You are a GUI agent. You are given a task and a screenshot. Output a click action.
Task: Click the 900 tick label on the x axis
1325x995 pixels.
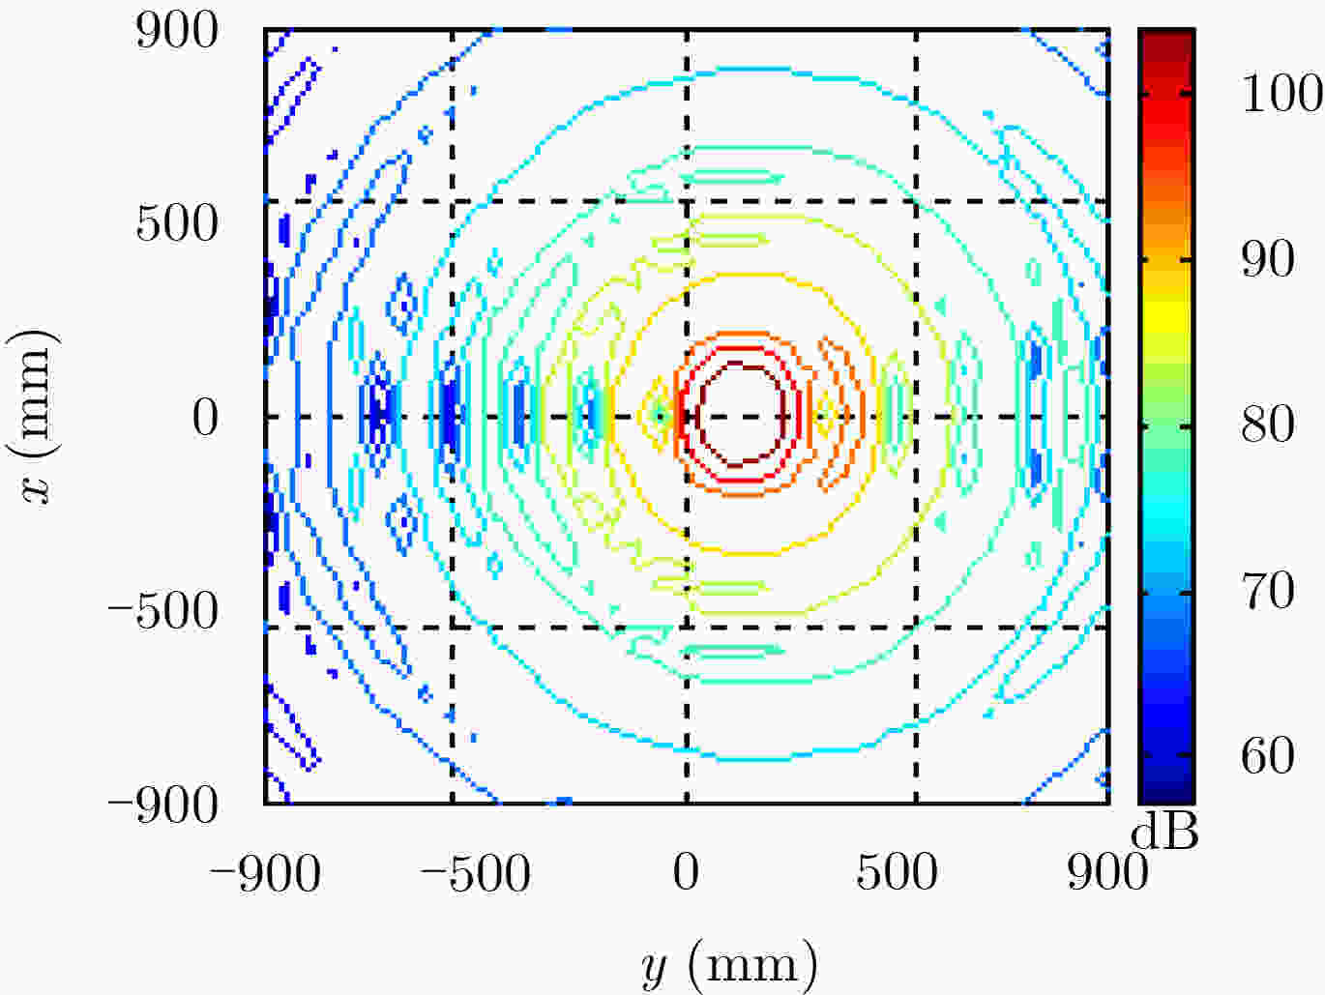(x=176, y=31)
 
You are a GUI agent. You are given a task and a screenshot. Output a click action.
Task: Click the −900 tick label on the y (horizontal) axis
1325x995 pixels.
(x=265, y=873)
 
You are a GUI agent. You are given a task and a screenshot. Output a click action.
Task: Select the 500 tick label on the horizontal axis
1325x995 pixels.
(x=897, y=872)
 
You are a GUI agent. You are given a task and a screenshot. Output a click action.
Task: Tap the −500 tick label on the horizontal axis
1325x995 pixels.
(x=476, y=873)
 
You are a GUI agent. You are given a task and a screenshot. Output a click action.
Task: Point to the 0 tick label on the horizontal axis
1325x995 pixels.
(x=687, y=872)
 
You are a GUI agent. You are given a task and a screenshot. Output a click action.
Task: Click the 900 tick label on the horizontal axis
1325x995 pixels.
(x=1107, y=872)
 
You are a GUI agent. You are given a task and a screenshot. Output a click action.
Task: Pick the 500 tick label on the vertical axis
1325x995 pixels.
(x=176, y=224)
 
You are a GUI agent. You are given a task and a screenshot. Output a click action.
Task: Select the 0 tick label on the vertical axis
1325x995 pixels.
(x=205, y=418)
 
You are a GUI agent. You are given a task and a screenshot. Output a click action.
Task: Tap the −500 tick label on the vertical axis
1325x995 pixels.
(x=163, y=611)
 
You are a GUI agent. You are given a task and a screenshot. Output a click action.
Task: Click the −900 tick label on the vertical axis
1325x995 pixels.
(x=163, y=805)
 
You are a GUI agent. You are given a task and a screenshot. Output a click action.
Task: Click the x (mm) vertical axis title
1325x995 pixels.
(x=35, y=417)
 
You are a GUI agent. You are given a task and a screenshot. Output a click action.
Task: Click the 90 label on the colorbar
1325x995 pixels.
(x=1268, y=259)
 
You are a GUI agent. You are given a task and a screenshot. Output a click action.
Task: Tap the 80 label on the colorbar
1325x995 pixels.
(x=1268, y=425)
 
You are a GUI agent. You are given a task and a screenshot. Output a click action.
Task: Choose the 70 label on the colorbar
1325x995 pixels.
(x=1268, y=591)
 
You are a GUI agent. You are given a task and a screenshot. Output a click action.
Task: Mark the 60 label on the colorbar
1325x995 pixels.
(x=1268, y=756)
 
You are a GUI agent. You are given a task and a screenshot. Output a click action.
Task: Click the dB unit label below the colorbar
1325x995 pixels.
(x=1164, y=834)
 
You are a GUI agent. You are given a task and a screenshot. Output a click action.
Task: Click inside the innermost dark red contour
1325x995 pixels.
(x=741, y=415)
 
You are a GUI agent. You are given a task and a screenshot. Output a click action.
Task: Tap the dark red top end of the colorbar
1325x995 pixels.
(x=1166, y=43)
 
